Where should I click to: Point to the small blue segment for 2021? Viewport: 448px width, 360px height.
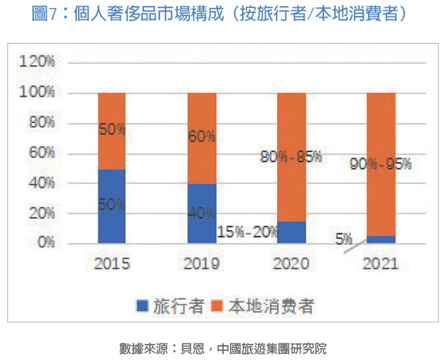point(381,239)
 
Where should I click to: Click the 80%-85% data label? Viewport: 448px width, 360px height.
point(291,157)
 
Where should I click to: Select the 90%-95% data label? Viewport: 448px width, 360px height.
point(380,164)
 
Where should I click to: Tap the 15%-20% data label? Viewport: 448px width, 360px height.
point(248,232)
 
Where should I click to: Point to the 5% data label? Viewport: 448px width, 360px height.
point(343,239)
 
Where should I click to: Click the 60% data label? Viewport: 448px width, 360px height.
point(202,136)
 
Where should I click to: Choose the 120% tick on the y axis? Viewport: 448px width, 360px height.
point(38,62)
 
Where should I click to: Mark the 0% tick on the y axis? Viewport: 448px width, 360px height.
point(45,243)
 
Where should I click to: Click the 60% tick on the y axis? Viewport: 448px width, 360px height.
point(41,153)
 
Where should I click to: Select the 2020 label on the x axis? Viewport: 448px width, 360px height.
point(291,264)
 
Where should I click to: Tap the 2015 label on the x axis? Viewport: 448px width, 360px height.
point(111,264)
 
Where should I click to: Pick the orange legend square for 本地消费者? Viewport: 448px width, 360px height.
point(218,305)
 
